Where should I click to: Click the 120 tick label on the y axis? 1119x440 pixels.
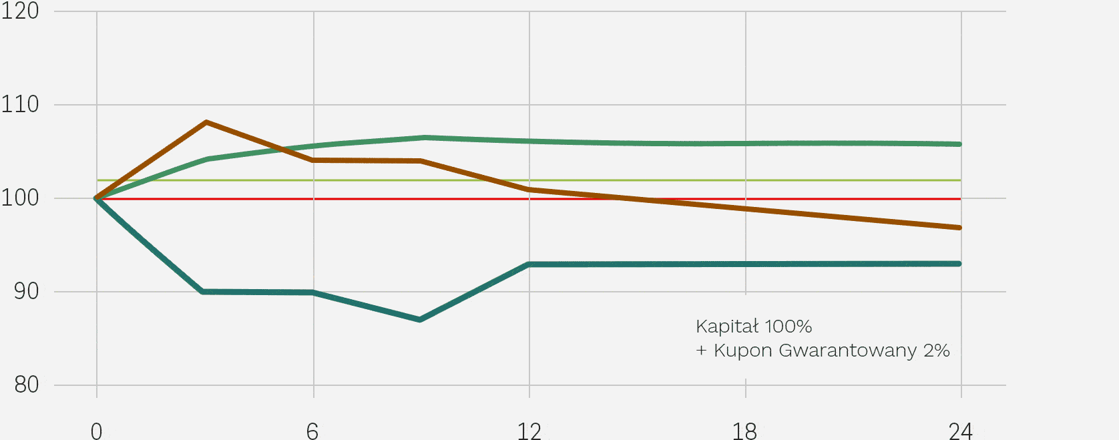coord(20,11)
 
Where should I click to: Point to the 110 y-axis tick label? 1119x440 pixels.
coord(20,104)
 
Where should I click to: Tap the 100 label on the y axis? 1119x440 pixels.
coord(20,198)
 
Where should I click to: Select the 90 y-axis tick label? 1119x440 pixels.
coord(27,291)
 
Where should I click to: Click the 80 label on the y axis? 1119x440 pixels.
coord(27,385)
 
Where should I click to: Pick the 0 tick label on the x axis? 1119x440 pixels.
coord(96,431)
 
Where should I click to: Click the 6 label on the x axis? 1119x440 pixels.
coord(312,431)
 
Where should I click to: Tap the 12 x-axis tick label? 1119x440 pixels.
coord(529,431)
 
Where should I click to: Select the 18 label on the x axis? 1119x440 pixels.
coord(745,431)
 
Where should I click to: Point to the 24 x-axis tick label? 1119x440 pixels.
coord(961,431)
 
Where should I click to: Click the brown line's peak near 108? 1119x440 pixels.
coord(206,122)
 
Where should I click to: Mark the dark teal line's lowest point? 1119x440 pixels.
coord(419,320)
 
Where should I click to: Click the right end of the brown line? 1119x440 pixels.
coord(959,228)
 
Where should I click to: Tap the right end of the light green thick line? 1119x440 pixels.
coord(959,144)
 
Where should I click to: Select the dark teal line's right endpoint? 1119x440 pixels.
coord(959,264)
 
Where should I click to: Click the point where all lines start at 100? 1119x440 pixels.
coord(96,199)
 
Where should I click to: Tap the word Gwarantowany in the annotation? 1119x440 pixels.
coord(848,351)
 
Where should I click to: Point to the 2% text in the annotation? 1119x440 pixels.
coord(936,351)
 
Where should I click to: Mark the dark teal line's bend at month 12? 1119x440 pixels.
coord(529,264)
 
